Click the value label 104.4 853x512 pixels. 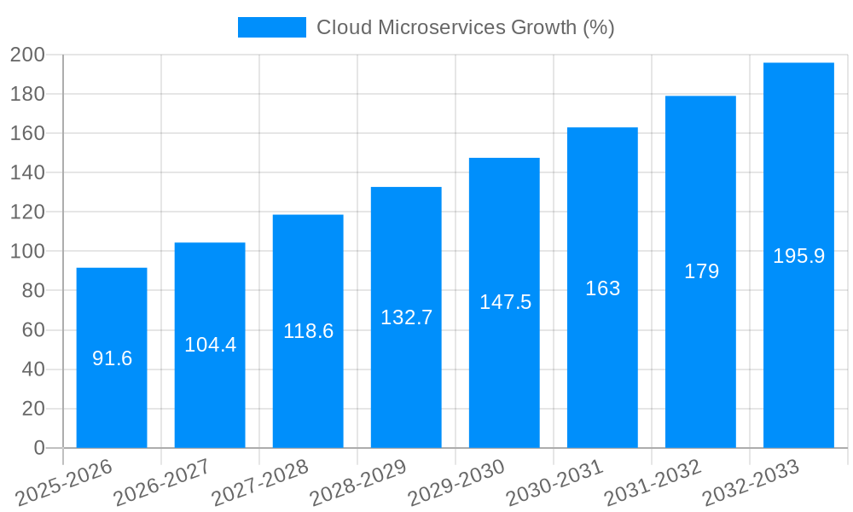click(x=210, y=345)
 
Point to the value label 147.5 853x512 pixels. click(x=505, y=302)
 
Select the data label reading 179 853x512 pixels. click(x=701, y=271)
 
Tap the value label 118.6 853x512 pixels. click(x=308, y=331)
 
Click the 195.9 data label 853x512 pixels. click(x=798, y=256)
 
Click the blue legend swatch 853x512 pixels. click(x=271, y=27)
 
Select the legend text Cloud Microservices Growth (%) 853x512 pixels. click(x=466, y=27)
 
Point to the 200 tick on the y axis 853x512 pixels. click(x=27, y=55)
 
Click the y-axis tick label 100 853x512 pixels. click(x=27, y=252)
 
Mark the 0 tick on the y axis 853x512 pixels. click(x=38, y=448)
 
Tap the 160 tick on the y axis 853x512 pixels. click(x=27, y=134)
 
